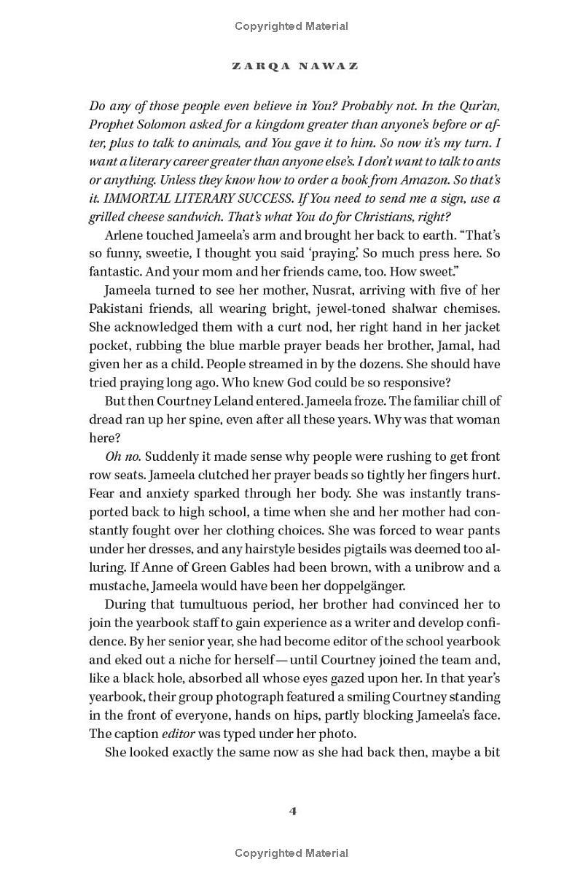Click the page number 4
(x=292, y=811)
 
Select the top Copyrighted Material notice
(x=291, y=26)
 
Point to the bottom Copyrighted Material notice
(x=291, y=852)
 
